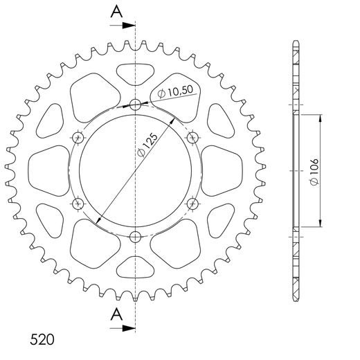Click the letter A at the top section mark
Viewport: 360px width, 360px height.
(118, 11)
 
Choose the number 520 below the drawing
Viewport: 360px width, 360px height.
(43, 341)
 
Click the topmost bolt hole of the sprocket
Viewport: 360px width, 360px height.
(135, 105)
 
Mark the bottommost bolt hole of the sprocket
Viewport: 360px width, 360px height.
(135, 237)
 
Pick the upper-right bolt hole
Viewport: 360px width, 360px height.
(192, 138)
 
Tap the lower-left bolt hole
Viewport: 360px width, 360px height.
(78, 204)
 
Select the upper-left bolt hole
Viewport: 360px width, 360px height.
(78, 138)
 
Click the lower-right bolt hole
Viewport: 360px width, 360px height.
(192, 204)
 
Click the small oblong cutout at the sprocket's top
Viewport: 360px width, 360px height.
(135, 73)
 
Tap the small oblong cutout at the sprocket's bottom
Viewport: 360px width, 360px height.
(135, 269)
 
